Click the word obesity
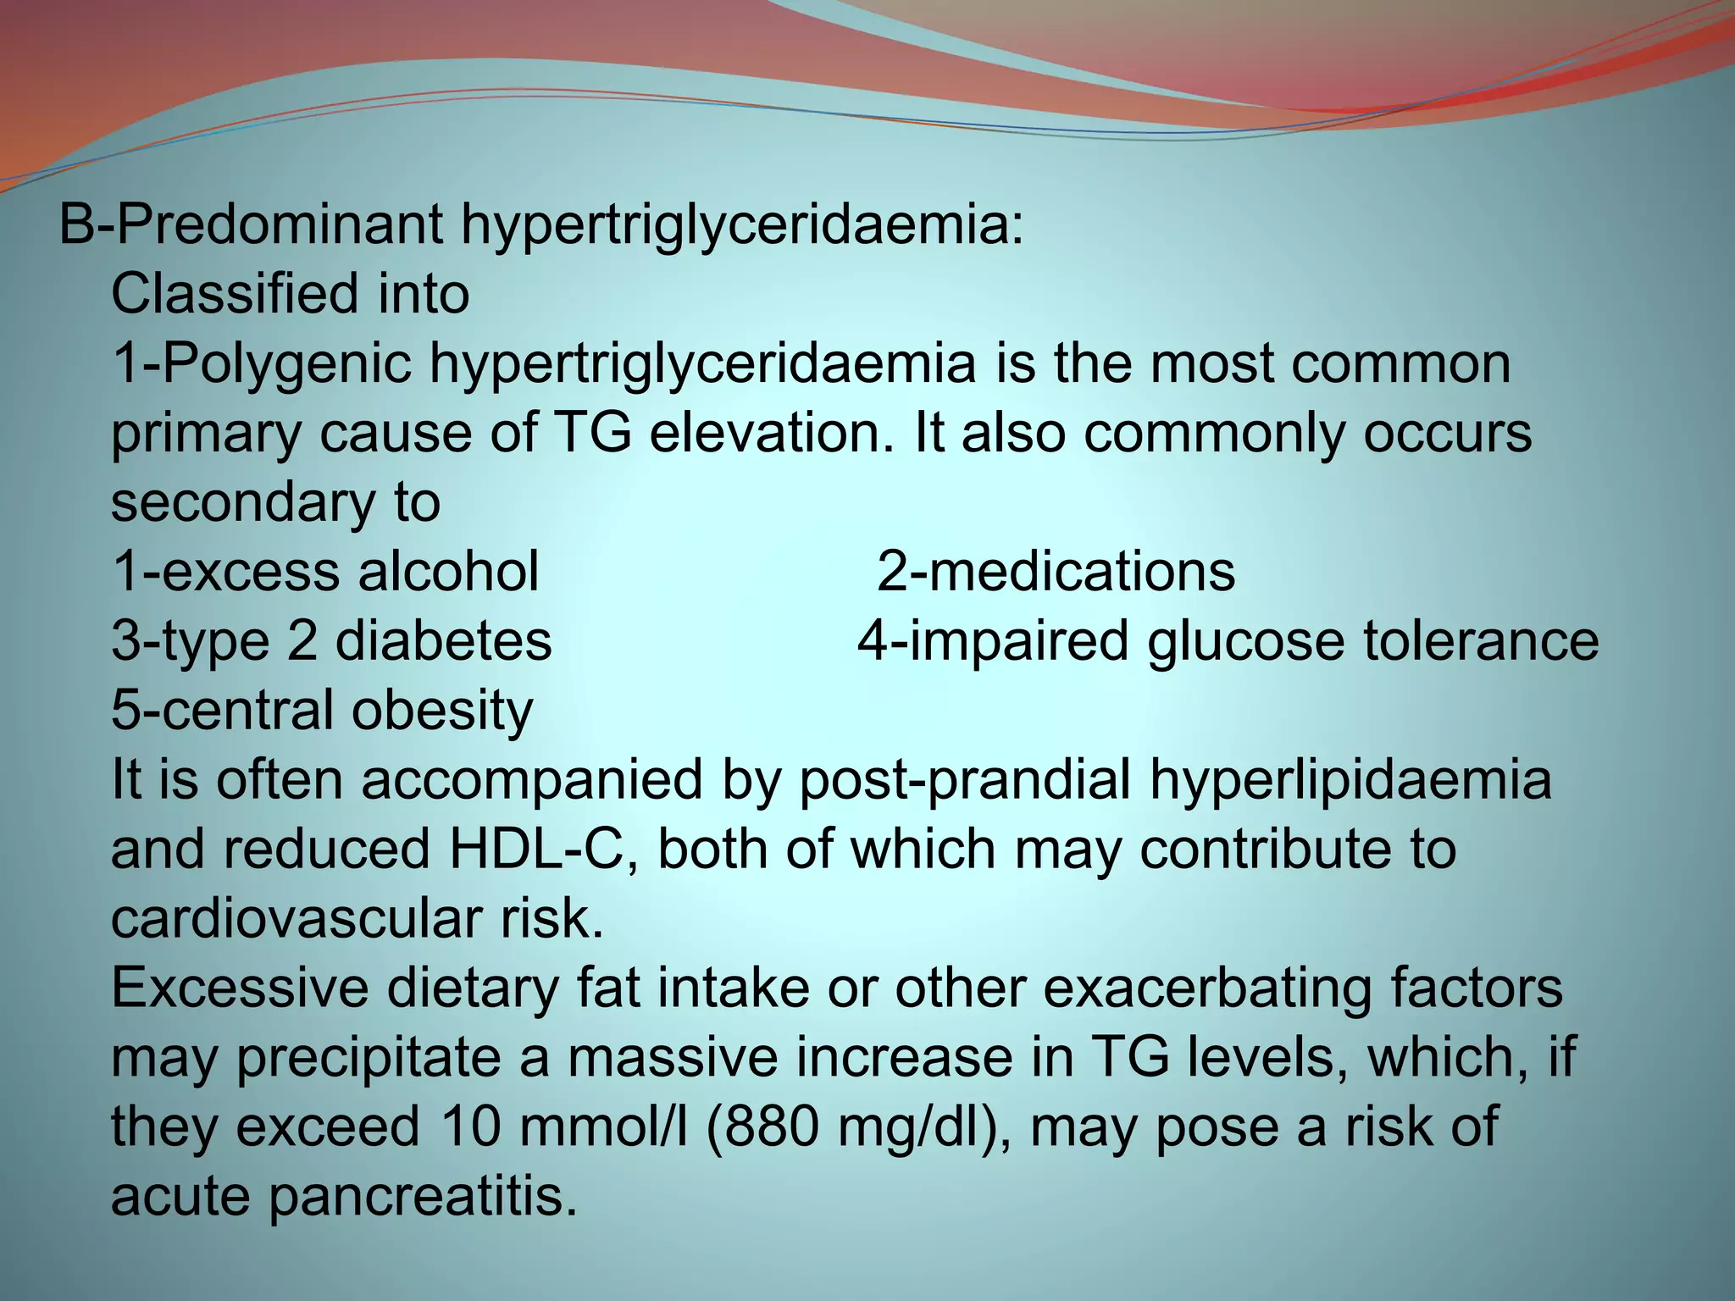point(442,710)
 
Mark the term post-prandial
point(965,779)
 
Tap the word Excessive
point(241,988)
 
